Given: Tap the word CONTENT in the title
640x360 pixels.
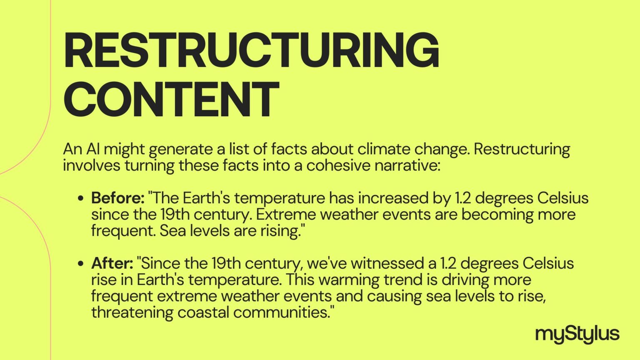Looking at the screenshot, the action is click(x=171, y=99).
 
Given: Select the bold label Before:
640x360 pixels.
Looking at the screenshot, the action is click(x=118, y=198).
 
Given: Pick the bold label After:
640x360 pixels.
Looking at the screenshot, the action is click(x=112, y=263).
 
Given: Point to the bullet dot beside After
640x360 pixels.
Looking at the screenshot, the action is click(x=81, y=263).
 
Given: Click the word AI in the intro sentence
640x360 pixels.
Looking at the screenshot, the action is click(x=93, y=149).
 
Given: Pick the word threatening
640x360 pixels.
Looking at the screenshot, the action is click(x=132, y=312).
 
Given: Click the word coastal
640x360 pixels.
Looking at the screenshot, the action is click(x=203, y=312).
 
